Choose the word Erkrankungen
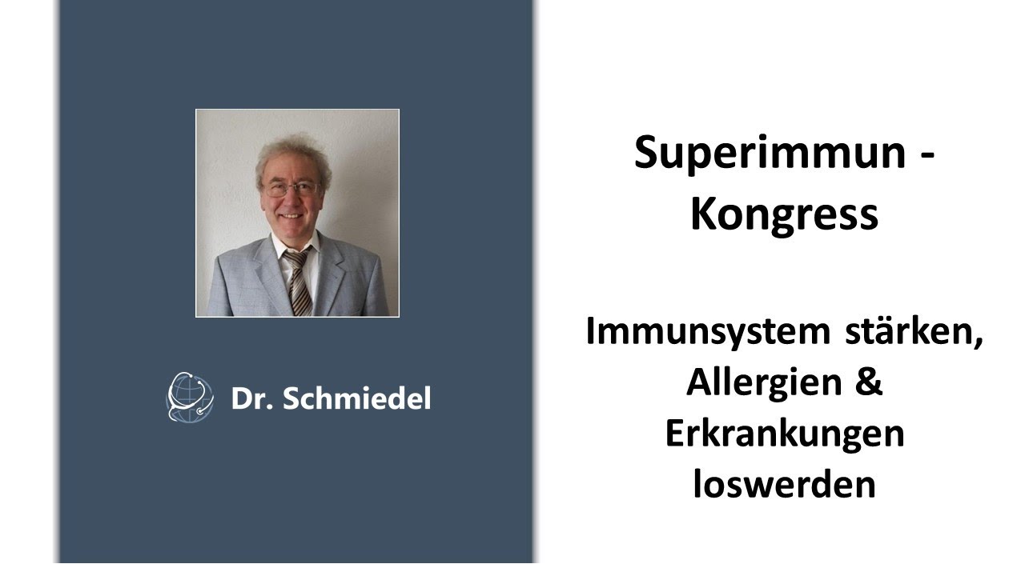click(x=784, y=434)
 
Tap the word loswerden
click(x=784, y=485)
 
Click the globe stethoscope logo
click(x=190, y=397)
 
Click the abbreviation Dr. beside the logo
click(x=251, y=398)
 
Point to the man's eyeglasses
click(x=291, y=190)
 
